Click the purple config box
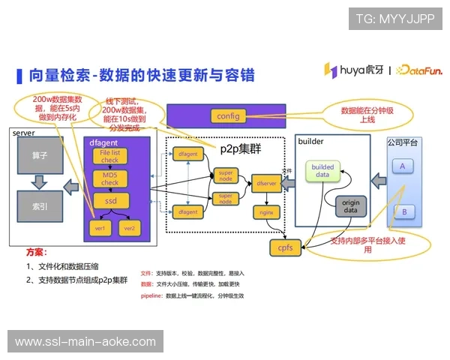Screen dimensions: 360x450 click(227, 116)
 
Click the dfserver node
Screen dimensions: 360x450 click(268, 182)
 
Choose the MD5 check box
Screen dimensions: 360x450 click(110, 178)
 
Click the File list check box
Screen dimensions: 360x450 click(110, 156)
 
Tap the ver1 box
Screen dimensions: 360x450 click(100, 227)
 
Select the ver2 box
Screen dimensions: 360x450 click(129, 227)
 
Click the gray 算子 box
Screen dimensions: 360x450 click(40, 156)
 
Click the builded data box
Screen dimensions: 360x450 click(322, 170)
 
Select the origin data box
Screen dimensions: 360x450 click(350, 206)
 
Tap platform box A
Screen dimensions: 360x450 click(403, 166)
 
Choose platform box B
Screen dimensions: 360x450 click(403, 211)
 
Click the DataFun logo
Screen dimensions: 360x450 click(419, 70)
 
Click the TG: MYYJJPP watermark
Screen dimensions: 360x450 click(394, 19)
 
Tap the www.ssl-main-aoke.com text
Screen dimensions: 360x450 click(85, 341)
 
